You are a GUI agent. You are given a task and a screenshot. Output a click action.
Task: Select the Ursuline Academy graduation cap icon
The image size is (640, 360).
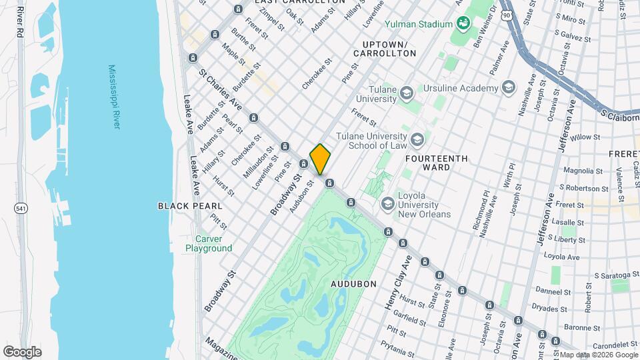(509, 88)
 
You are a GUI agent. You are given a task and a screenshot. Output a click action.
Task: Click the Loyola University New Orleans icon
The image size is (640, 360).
(387, 203)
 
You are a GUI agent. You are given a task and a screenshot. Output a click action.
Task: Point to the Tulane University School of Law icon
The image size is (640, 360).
(417, 140)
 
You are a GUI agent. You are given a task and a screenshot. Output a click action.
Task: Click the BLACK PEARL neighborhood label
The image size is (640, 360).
(185, 206)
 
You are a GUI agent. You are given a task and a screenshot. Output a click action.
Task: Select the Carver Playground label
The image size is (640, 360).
(209, 243)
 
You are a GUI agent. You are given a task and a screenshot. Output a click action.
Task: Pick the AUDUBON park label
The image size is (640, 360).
(353, 283)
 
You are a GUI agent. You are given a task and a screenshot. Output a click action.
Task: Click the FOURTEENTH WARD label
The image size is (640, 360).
(437, 163)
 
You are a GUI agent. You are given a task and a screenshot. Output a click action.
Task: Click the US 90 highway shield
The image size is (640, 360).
(508, 14)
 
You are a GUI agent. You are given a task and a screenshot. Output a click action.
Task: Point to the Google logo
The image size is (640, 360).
(22, 351)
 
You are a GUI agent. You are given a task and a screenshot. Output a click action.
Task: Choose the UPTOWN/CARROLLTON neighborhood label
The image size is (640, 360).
(389, 47)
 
